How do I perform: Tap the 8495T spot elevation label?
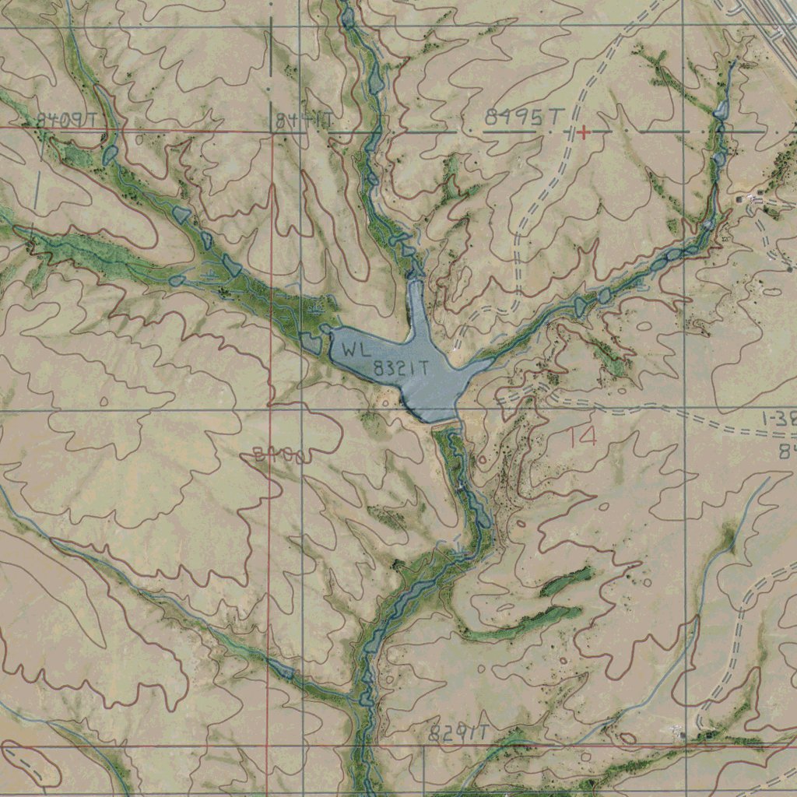coord(524,118)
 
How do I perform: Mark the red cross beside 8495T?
coord(583,133)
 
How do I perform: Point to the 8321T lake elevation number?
coord(402,370)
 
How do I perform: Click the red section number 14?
coord(582,437)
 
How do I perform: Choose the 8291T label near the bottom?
coord(458,732)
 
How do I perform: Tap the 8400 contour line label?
coord(278,456)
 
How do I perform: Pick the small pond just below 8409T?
coord(109,153)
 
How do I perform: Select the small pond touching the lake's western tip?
coord(311,343)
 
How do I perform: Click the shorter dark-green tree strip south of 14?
coord(566,581)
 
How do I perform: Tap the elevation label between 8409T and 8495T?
coord(304,121)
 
